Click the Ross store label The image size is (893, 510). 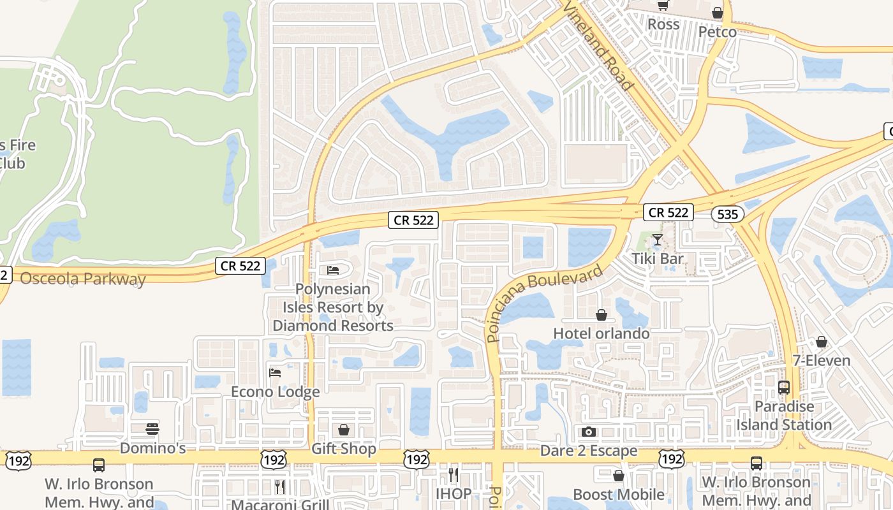tap(663, 24)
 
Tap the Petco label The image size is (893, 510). tap(717, 32)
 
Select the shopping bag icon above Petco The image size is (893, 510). tap(718, 13)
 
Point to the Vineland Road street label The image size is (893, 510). tap(599, 45)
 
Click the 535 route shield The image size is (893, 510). tap(728, 214)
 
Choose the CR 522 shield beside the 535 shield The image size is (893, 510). tap(668, 212)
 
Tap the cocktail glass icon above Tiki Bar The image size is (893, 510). tap(658, 240)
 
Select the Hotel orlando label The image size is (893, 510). tap(601, 333)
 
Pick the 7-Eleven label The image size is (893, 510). tap(822, 360)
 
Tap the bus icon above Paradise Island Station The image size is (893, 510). tap(784, 388)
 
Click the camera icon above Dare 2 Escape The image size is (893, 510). tap(589, 432)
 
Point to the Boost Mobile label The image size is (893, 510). tap(619, 494)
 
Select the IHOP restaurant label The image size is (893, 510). tap(454, 493)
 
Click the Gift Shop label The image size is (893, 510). tap(344, 448)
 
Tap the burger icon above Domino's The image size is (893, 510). tap(152, 428)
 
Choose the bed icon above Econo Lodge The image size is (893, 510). tap(275, 372)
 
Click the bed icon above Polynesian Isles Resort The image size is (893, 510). tap(333, 270)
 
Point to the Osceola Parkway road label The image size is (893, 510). tap(83, 279)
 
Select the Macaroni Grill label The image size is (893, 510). tap(280, 504)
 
